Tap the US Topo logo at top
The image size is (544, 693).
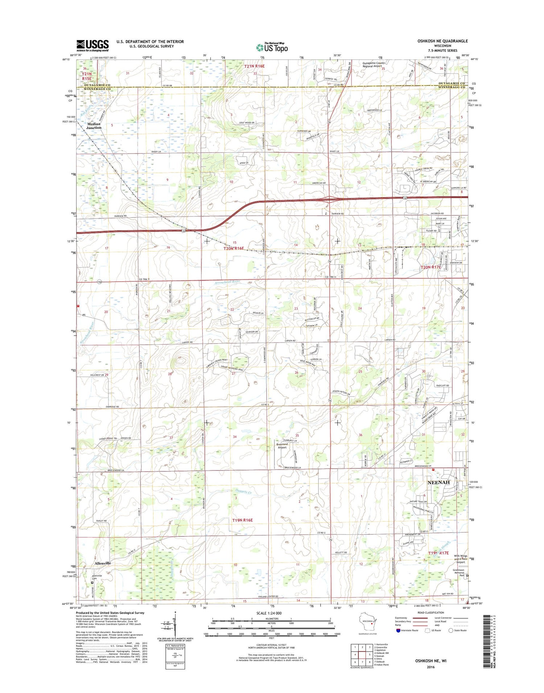[272, 47]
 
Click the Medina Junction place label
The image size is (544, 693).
[94, 125]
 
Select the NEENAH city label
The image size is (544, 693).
[438, 482]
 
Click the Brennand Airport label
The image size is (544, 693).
[282, 445]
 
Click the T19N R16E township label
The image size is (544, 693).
[242, 520]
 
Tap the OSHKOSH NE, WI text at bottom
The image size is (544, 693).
[430, 660]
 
